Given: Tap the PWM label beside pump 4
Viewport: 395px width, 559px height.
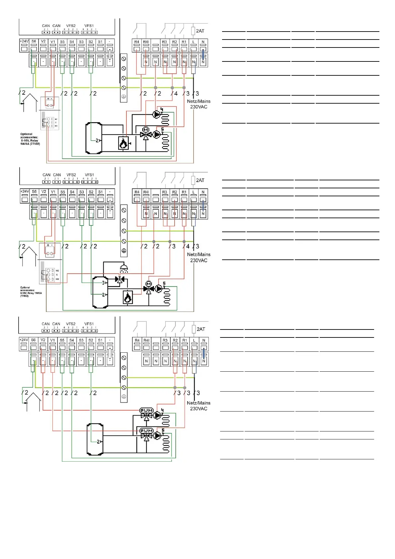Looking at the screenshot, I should tap(146, 410).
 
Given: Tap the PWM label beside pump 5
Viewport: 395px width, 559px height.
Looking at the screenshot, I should tap(146, 430).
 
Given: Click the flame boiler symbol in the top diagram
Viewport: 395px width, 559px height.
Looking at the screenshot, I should tap(123, 143).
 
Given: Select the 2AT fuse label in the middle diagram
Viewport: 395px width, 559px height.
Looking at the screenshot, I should tap(200, 180).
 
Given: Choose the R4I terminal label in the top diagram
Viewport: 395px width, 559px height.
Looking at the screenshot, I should tap(146, 42).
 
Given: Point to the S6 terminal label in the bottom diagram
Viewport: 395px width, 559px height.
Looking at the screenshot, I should tap(33, 340).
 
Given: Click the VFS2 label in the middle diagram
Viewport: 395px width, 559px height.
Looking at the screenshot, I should tap(71, 175).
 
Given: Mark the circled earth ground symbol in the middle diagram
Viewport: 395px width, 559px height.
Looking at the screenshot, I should tap(124, 251).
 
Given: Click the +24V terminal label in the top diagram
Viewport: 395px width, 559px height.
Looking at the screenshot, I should tap(24, 42).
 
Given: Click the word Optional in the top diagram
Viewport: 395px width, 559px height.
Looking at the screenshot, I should tap(26, 134).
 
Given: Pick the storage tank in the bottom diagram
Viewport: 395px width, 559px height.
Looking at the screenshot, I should tap(95, 439).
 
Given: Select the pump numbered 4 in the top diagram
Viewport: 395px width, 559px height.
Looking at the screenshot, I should tap(156, 114).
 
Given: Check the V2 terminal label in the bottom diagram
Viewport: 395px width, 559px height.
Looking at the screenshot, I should tap(43, 340).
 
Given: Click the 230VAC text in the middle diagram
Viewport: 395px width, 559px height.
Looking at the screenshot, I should tap(198, 260).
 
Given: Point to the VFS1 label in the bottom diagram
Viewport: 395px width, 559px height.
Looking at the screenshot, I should tap(89, 324).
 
